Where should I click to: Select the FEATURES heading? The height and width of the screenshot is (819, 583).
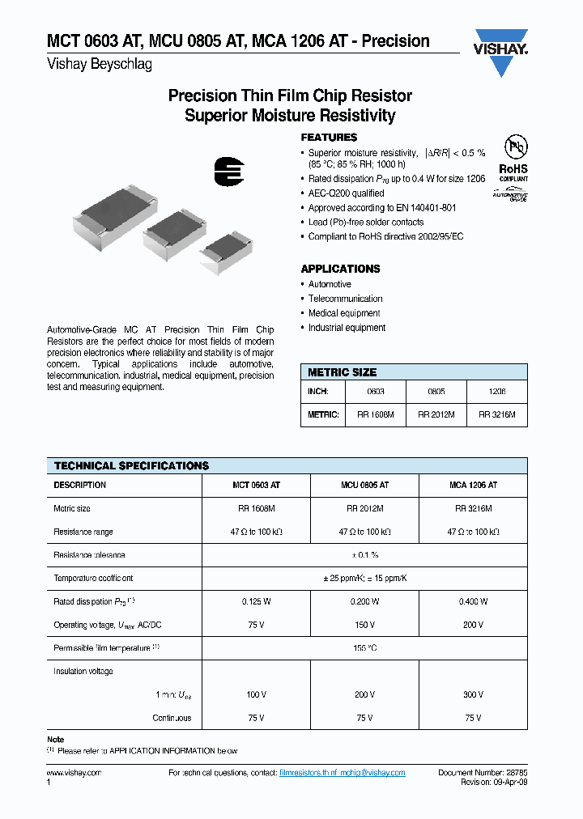point(329,138)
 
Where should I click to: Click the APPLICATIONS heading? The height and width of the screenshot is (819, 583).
point(340,269)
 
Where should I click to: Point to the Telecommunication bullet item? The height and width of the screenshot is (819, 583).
point(345,299)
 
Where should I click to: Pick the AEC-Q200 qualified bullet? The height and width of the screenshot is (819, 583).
point(346,193)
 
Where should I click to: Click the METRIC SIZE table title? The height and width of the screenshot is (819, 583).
point(342,372)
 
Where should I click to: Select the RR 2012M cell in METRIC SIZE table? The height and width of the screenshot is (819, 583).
point(436,414)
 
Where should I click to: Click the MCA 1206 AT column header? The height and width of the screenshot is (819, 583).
point(473,485)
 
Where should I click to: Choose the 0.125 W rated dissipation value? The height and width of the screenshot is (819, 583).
point(256,601)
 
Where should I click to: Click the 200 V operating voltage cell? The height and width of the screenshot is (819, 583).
point(473,625)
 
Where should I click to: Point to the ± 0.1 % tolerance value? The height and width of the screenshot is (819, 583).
point(364,555)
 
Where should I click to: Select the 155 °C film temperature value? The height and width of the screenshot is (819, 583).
point(364,648)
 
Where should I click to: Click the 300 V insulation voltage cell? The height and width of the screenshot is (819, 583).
point(473,694)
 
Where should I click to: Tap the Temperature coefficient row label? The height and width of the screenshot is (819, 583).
point(93,578)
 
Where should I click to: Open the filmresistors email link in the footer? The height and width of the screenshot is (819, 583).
point(342,773)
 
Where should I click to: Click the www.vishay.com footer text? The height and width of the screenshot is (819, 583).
point(74,773)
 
